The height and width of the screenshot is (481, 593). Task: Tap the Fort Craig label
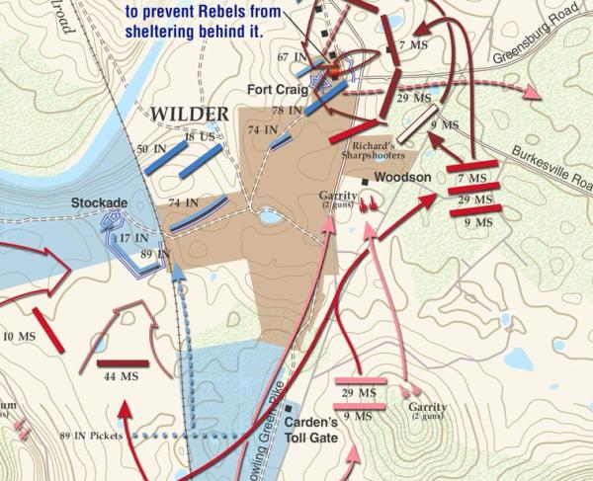[x=279, y=89]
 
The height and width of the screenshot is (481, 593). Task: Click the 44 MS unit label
[x=120, y=378]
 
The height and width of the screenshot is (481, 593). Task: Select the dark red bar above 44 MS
[x=123, y=363]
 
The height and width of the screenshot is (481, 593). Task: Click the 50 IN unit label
[x=150, y=148]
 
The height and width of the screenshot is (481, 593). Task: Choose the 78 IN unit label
[x=286, y=110]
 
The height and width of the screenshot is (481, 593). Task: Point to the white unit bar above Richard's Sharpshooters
[x=415, y=124]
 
